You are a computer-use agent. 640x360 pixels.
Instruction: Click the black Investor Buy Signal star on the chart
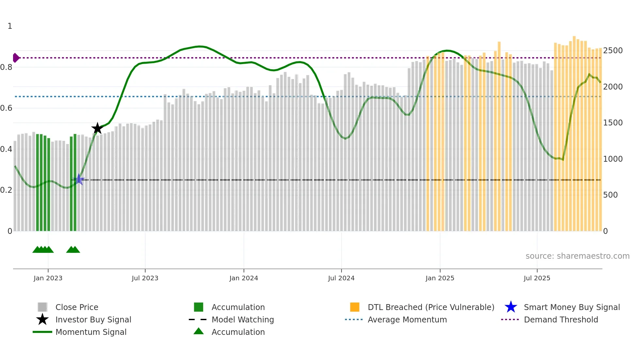97,128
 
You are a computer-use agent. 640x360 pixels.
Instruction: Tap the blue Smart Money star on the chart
79,179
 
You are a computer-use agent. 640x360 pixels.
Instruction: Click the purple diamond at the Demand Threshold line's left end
16,58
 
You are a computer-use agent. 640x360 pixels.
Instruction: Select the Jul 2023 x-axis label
145,278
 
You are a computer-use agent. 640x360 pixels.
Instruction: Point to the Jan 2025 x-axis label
440,278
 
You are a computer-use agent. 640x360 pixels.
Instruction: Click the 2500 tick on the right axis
613,51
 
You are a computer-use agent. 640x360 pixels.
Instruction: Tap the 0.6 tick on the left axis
6,108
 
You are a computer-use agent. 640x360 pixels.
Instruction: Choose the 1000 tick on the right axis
613,159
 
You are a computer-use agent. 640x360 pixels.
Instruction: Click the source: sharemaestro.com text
577,256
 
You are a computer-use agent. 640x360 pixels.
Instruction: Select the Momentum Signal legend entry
91,332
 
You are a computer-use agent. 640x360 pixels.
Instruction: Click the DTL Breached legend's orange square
355,307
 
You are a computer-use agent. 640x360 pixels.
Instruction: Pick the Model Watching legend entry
243,319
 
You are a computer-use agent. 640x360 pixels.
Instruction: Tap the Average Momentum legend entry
407,319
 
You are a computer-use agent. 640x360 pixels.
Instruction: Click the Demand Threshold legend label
561,319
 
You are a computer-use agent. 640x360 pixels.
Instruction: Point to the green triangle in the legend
199,331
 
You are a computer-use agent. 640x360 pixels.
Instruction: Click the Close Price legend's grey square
42,307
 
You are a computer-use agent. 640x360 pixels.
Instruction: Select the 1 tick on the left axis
10,26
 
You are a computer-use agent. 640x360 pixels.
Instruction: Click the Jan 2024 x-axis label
244,278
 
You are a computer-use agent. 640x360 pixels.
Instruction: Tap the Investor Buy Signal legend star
42,319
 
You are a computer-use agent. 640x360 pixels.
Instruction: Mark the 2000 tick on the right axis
613,87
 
